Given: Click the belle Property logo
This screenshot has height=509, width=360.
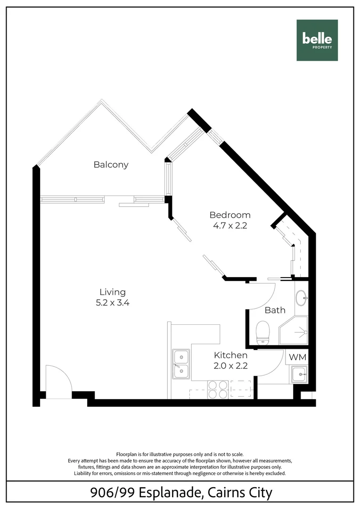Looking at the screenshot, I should click(x=317, y=40).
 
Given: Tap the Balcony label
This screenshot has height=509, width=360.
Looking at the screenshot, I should click(x=111, y=164).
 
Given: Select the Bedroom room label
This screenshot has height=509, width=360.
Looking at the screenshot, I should click(x=230, y=215).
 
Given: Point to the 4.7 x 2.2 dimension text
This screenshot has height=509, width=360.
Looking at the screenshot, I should click(x=230, y=225).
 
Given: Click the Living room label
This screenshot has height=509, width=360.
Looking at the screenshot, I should click(x=113, y=292).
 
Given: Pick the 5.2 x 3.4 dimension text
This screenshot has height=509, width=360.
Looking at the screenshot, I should click(x=113, y=303).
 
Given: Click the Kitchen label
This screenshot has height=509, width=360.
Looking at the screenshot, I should click(x=230, y=355).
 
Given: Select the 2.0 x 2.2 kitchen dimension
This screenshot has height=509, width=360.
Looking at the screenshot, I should click(x=230, y=365).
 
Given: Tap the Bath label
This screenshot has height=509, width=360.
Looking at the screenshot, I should click(x=275, y=310).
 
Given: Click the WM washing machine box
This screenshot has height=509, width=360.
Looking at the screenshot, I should click(x=297, y=357).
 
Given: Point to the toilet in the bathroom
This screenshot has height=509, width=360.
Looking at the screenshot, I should click(x=262, y=332).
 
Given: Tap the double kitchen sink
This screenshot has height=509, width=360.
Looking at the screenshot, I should click(x=181, y=364).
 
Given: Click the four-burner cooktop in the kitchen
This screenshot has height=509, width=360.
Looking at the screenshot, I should click(x=218, y=390).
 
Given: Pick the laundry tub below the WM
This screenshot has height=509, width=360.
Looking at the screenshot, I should click(x=299, y=376).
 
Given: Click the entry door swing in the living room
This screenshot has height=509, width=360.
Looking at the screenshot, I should click(x=58, y=382).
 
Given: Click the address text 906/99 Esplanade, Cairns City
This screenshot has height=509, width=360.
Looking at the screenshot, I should click(x=181, y=493).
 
